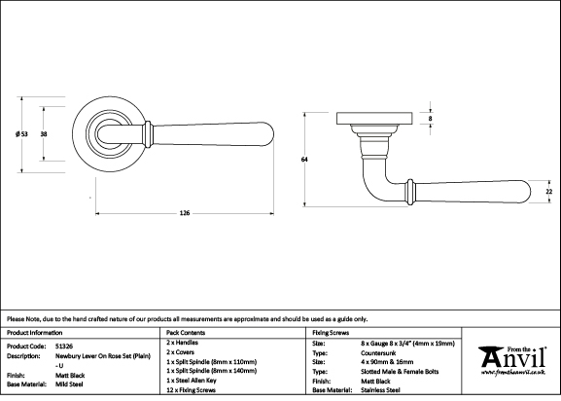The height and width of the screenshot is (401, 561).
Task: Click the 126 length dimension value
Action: click(185, 213)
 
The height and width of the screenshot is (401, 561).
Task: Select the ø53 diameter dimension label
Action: click(21, 134)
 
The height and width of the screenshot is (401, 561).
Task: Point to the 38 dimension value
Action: click(44, 134)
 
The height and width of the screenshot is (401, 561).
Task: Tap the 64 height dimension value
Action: click(304, 160)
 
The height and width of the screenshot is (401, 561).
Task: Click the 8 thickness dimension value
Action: click(430, 119)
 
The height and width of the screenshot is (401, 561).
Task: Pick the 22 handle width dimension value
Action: click(548, 192)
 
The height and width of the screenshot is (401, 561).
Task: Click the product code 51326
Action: click(64, 346)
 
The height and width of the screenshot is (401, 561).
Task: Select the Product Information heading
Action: click(34, 333)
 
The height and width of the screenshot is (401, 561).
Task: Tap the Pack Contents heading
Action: click(186, 333)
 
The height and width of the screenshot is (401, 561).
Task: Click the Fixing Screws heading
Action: click(331, 333)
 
